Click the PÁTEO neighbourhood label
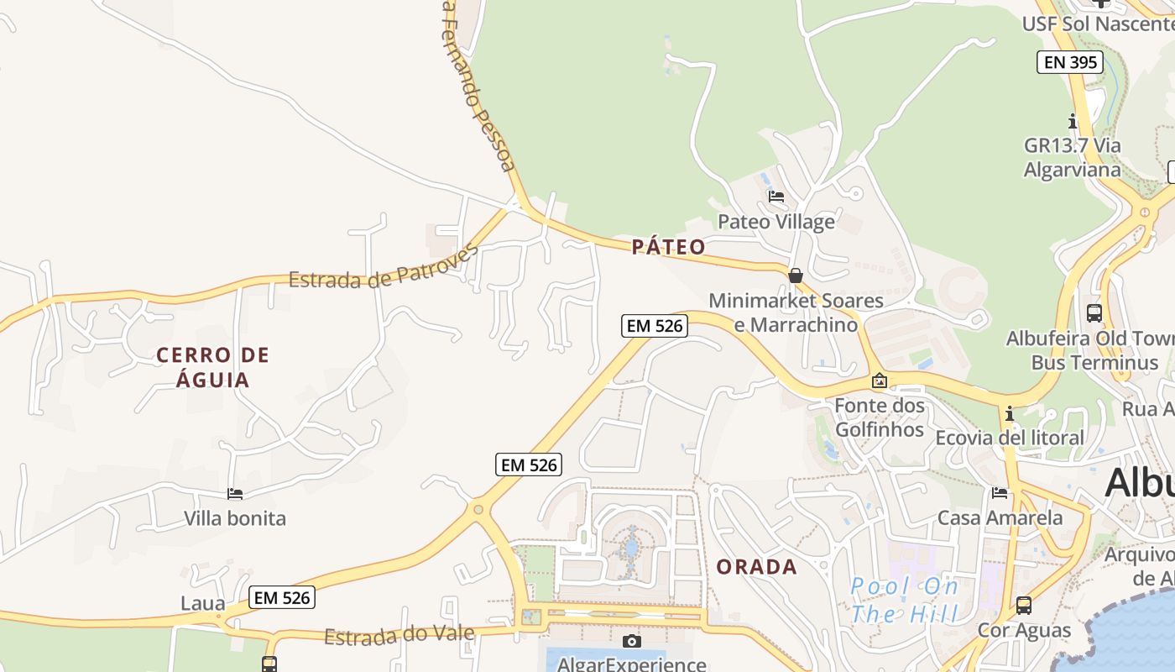pos(668,246)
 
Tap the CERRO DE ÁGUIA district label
pos(213,367)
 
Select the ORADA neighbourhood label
pos(756,567)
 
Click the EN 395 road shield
pos(1069,62)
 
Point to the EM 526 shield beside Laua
pos(282,598)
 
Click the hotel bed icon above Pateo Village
pos(776,197)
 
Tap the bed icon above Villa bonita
pos(235,494)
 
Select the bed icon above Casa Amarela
pos(999,493)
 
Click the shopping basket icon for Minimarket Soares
pos(795,276)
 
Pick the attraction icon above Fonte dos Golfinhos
pos(879,381)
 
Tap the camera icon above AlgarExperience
pos(632,642)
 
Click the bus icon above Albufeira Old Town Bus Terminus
pos(1094,312)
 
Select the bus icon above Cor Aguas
pos(1023,605)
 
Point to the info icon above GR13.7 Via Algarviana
pos(1072,121)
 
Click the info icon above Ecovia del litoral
pos(1009,414)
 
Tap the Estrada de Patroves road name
pos(383,267)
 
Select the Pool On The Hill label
pos(904,600)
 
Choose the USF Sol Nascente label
pos(1096,24)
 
